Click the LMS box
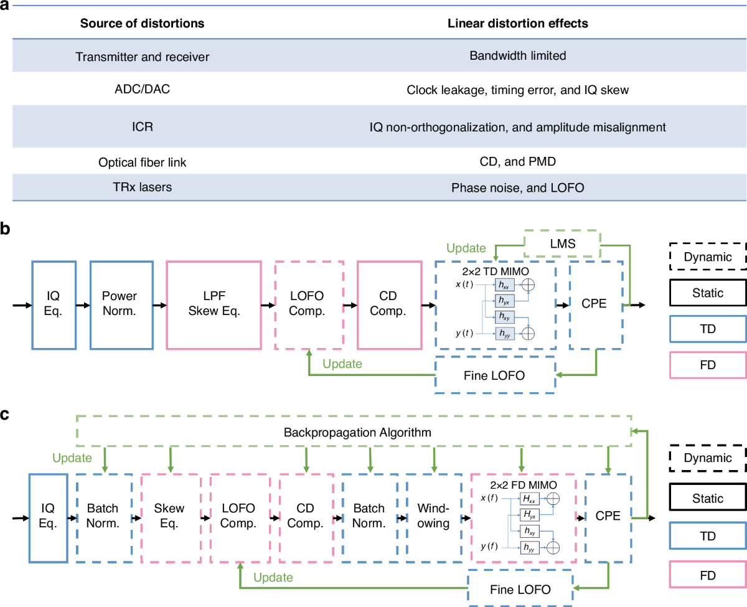tap(562, 243)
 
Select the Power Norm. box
tap(121, 304)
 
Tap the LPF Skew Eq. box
tap(214, 304)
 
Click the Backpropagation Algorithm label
tap(357, 432)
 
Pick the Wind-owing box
tap(434, 518)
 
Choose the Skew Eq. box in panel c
tap(171, 518)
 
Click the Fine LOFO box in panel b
tap(495, 375)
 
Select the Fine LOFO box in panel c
tap(520, 589)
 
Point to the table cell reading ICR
tap(143, 126)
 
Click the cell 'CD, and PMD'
tap(518, 162)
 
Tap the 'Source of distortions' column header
tap(142, 23)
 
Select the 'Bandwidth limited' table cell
tap(518, 56)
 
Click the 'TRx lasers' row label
tap(143, 187)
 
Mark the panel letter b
tap(5, 228)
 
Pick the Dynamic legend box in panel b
tap(708, 256)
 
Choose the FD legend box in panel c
tap(708, 575)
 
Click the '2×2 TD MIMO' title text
tap(495, 271)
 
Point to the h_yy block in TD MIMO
tap(505, 333)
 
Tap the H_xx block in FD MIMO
tap(530, 498)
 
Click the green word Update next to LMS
tap(466, 248)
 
